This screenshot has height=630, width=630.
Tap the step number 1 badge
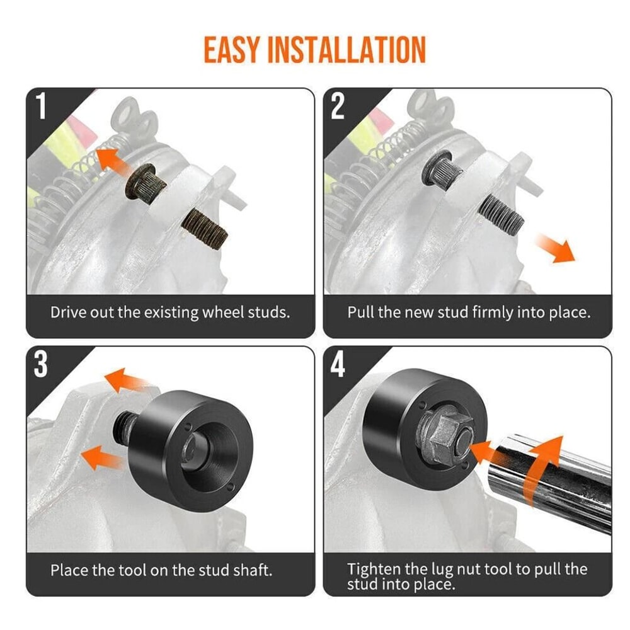(x=41, y=106)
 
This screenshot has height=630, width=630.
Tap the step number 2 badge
(x=338, y=106)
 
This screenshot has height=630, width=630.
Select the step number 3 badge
(x=41, y=365)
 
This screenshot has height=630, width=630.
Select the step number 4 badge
(x=338, y=365)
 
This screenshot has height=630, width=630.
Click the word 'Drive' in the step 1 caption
(x=67, y=312)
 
